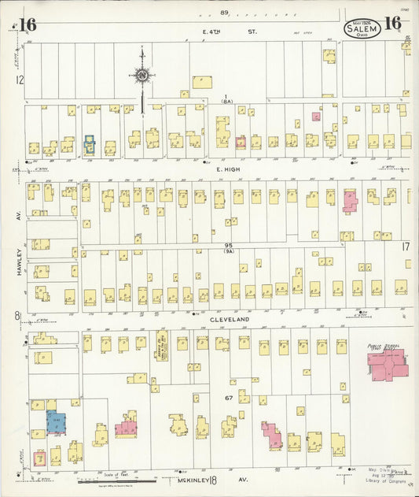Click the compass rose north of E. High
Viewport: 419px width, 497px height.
pyautogui.click(x=142, y=76)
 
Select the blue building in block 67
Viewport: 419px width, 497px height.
pyautogui.click(x=56, y=421)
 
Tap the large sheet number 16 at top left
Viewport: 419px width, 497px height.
pyautogui.click(x=28, y=24)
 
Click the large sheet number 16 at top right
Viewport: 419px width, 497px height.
pyautogui.click(x=393, y=24)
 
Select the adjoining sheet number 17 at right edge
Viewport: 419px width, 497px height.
pyautogui.click(x=406, y=247)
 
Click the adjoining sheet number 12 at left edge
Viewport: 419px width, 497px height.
pyautogui.click(x=19, y=80)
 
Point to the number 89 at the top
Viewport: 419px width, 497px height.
pyautogui.click(x=224, y=12)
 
